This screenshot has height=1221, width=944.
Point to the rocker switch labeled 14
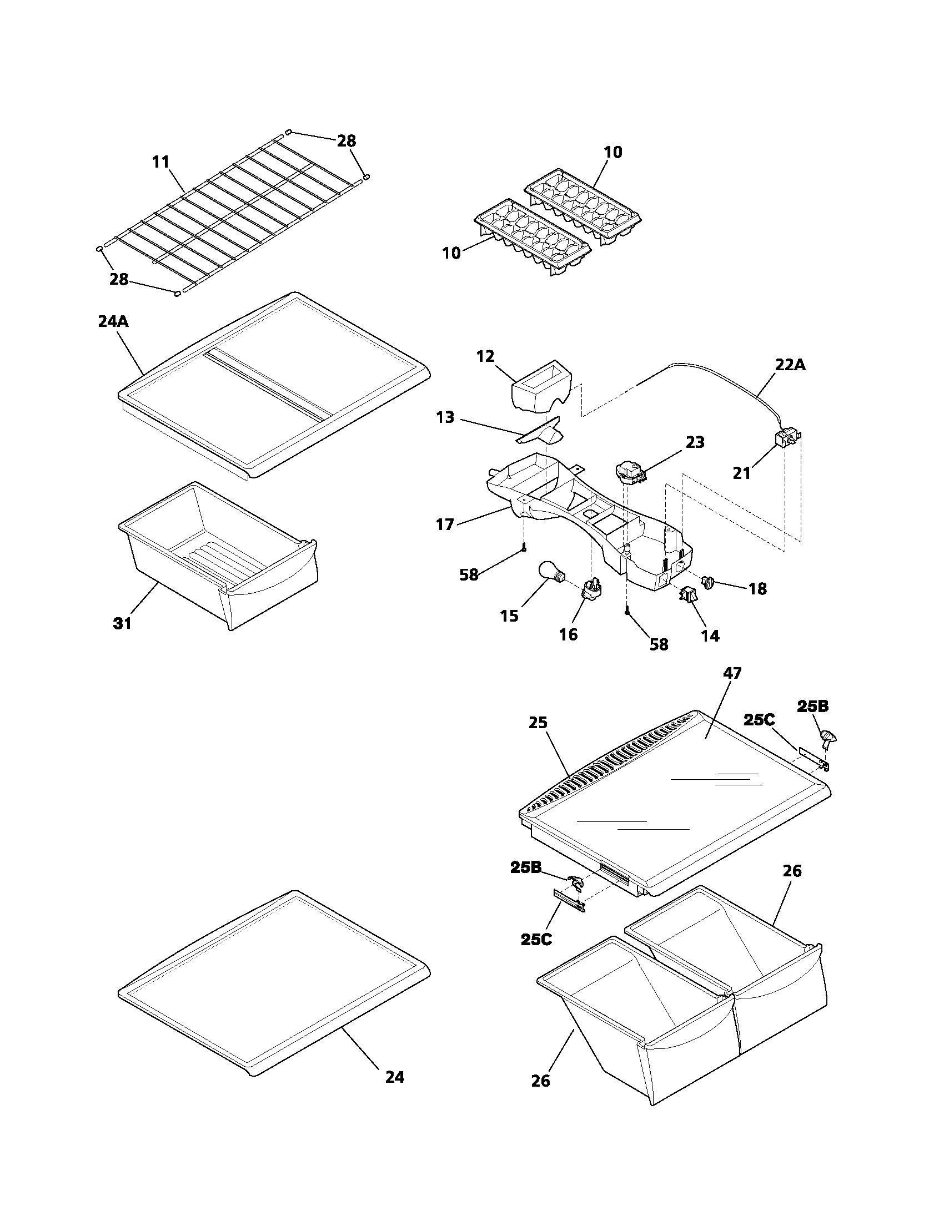click(688, 596)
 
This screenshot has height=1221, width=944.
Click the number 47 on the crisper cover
click(732, 674)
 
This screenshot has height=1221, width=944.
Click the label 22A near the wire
click(790, 365)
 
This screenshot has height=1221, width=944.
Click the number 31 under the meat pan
click(123, 623)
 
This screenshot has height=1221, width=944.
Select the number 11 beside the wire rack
click(160, 162)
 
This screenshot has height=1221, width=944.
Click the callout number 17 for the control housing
click(445, 524)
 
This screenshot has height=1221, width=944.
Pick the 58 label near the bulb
click(469, 574)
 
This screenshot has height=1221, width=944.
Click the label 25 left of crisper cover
click(538, 723)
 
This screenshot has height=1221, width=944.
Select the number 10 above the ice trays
click(613, 152)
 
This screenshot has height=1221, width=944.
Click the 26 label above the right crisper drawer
click(792, 871)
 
